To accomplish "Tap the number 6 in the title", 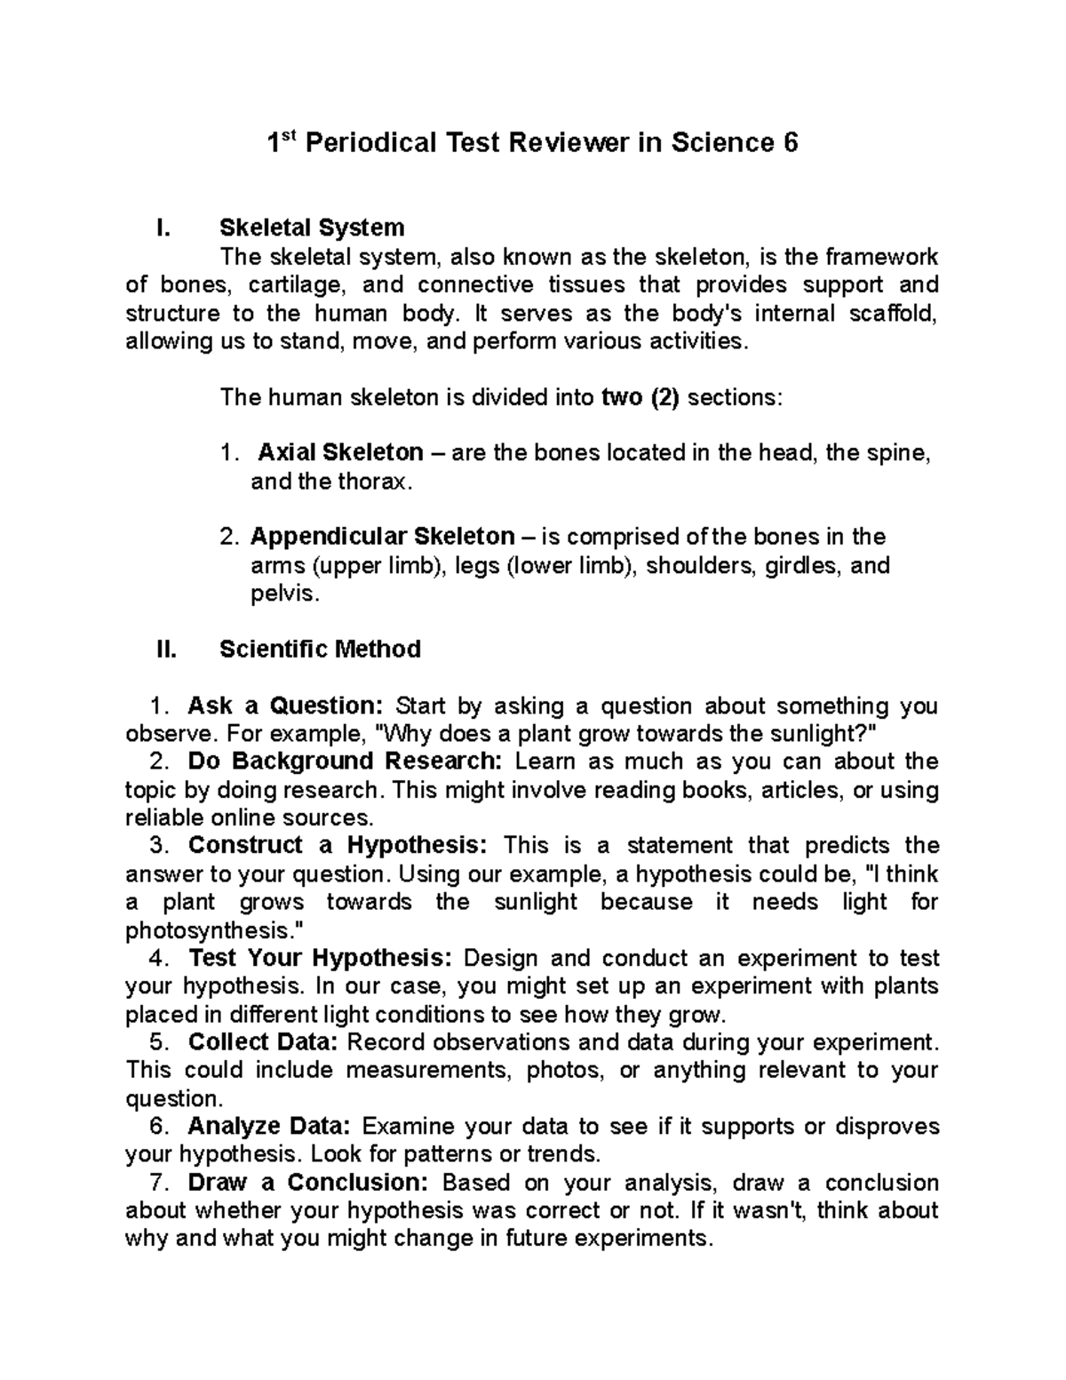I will pos(791,143).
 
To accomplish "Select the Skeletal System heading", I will pos(311,228).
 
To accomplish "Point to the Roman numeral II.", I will pos(166,650).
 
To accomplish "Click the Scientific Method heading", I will pos(320,650).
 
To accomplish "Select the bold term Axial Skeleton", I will pos(340,453).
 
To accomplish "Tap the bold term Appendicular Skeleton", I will pos(382,537).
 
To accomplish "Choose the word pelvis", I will pos(282,594).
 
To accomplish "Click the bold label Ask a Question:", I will pos(285,706).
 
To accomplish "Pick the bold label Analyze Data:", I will pos(269,1127).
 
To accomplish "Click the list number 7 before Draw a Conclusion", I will pos(156,1184).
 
